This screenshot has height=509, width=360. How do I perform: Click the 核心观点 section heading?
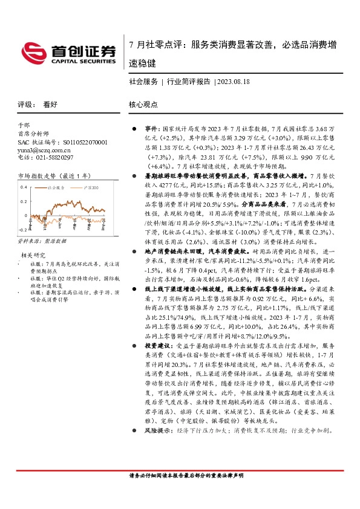[x=143, y=104]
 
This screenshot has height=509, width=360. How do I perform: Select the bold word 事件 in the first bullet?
[x=152, y=129]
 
